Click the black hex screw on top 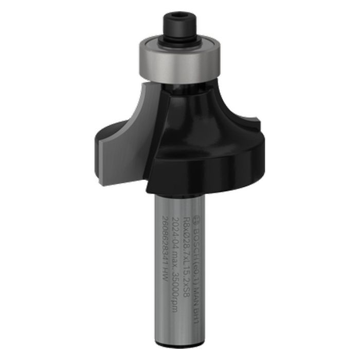(x=179, y=24)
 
